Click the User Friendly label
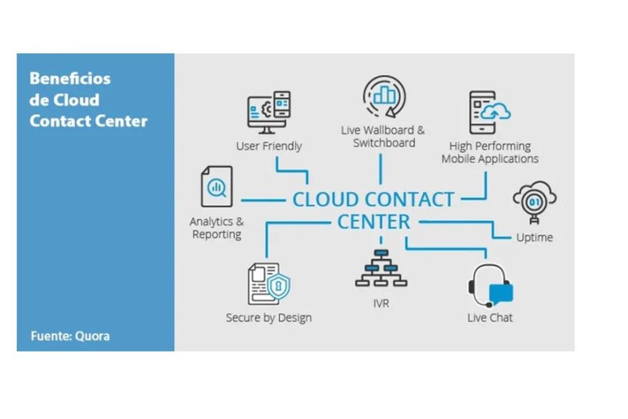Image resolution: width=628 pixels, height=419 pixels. pos(269,146)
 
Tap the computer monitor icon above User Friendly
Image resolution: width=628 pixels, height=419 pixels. pos(269,112)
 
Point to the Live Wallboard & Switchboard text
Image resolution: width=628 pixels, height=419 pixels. pos(384,137)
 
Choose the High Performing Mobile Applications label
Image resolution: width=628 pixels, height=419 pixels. pos(490,153)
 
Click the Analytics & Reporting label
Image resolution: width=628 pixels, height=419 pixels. pos(217,228)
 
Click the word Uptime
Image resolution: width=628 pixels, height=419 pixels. pos(534,237)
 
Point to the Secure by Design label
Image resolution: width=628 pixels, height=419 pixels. pos(269,318)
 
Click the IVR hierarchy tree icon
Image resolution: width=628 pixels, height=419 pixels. pos(381,268)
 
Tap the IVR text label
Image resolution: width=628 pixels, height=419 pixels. pos(381,304)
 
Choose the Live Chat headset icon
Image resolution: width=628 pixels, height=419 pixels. pos(490,286)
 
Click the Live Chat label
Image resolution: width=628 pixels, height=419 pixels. pos(490,318)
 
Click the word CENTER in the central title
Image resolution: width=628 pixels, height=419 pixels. pos(373,222)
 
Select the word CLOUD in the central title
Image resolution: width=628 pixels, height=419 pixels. pos(325,200)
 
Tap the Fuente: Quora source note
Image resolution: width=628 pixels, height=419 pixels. pos(70,336)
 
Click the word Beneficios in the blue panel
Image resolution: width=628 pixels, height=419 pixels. pos(70,78)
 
